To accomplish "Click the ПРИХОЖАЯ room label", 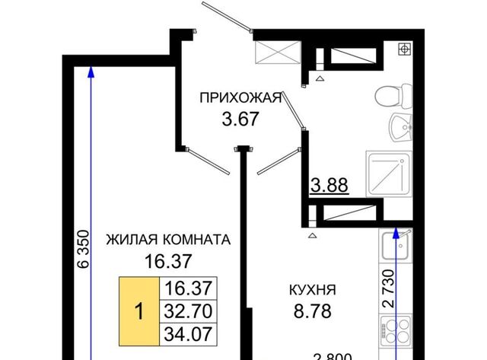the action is [x=240, y=98].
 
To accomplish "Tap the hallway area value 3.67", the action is [x=240, y=119].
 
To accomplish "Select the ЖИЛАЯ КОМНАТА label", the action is [x=168, y=240].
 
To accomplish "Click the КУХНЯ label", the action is [x=313, y=290].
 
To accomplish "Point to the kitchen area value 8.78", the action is [x=313, y=311].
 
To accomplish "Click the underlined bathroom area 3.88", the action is [x=329, y=186].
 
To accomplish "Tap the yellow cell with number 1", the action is [x=139, y=311].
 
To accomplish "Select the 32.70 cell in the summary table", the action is [x=188, y=311].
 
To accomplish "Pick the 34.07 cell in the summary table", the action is [x=188, y=334].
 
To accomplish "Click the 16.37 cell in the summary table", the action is [x=188, y=288].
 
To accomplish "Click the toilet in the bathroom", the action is [x=394, y=96].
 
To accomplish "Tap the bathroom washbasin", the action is [x=401, y=127].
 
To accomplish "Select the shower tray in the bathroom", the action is [x=390, y=174].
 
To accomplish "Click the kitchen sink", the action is [x=396, y=245].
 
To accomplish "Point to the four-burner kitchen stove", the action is [x=396, y=331].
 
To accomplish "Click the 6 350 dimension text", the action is [x=84, y=249].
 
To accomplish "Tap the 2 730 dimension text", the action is [x=388, y=288].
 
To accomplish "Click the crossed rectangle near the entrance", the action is [x=278, y=53].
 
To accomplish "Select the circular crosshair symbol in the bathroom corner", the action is [x=404, y=49].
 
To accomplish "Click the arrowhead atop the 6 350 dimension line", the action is [x=91, y=72].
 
